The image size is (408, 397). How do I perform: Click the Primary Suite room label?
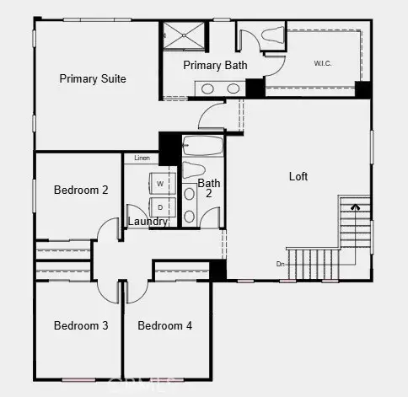(x=93, y=78)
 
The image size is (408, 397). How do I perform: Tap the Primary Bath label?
(x=215, y=66)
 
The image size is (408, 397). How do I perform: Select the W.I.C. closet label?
(x=323, y=63)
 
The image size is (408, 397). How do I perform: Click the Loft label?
(x=298, y=177)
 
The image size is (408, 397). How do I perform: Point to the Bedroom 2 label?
(x=81, y=190)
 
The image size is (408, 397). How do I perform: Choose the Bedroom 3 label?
(x=81, y=325)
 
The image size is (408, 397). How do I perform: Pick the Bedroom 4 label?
(x=165, y=325)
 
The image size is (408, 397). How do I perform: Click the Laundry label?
(x=147, y=222)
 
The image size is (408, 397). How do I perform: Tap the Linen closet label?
(x=142, y=158)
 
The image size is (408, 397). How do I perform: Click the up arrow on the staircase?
(x=355, y=204)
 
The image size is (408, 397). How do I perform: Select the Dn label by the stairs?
(x=281, y=265)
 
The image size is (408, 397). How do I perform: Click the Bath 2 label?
(x=208, y=188)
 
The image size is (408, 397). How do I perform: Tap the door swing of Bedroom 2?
(x=107, y=228)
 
